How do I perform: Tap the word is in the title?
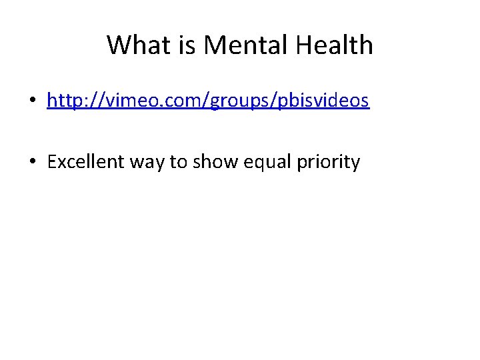click(x=185, y=45)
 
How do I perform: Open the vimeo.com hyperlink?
click(x=208, y=101)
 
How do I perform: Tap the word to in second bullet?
click(x=179, y=162)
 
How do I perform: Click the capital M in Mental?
click(x=215, y=45)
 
